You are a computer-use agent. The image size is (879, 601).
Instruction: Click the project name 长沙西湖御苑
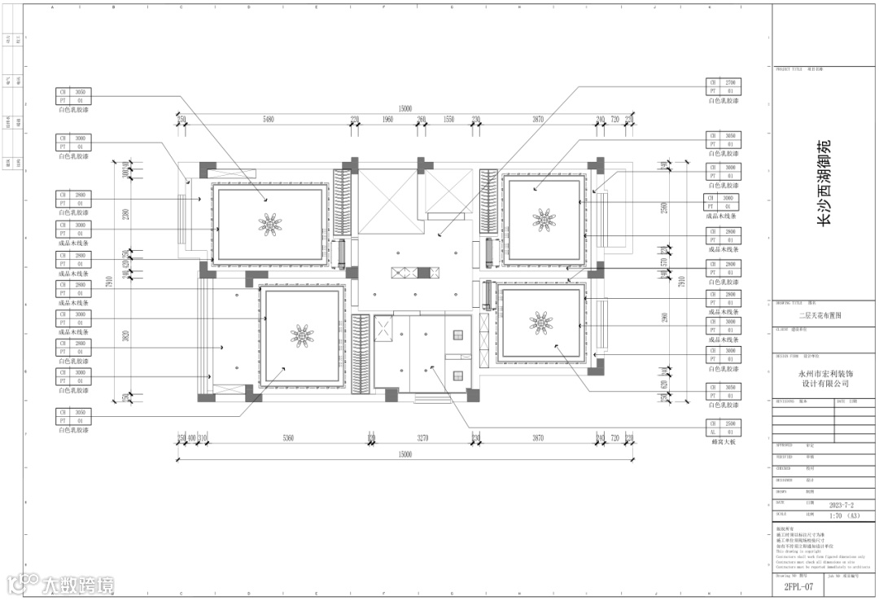[x=824, y=182]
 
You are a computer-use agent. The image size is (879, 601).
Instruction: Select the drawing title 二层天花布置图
[x=824, y=314]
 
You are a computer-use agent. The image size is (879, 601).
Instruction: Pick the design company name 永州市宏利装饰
[x=824, y=373]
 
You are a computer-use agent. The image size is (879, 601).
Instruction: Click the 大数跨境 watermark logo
[x=60, y=583]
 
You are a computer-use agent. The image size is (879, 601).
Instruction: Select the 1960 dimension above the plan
[x=387, y=120]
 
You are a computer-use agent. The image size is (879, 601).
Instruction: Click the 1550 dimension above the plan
[x=448, y=120]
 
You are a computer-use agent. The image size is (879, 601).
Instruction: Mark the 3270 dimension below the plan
[x=422, y=439]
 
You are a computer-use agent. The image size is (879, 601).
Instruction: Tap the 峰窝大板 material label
[x=723, y=441]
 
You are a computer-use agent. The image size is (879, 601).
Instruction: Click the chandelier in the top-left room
[x=269, y=222]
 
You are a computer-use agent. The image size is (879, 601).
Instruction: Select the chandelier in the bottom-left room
[x=302, y=333]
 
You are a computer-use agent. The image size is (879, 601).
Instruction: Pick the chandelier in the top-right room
[x=542, y=218]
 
